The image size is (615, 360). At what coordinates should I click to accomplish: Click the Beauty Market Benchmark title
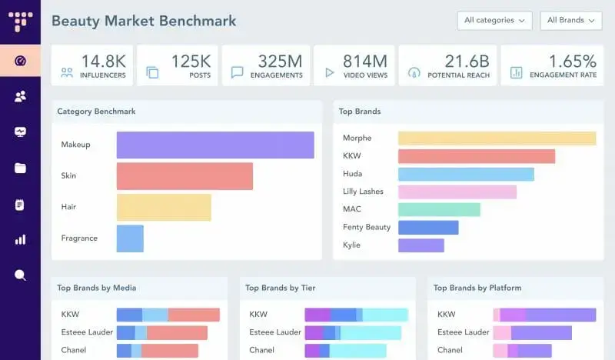(x=144, y=21)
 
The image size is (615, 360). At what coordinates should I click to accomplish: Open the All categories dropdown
(x=494, y=21)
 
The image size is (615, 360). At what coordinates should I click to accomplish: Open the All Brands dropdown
(x=570, y=21)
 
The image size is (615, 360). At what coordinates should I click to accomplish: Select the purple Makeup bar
(x=215, y=145)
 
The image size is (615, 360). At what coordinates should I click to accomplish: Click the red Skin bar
(x=184, y=176)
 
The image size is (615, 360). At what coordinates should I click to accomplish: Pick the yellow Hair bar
(x=164, y=207)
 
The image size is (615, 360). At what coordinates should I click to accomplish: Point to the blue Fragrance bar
(x=130, y=238)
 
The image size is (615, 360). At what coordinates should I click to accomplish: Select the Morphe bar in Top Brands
(x=497, y=138)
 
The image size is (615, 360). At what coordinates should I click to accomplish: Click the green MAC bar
(x=439, y=209)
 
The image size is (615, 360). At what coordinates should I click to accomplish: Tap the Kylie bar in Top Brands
(x=421, y=245)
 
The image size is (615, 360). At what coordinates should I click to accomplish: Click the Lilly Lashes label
(x=363, y=192)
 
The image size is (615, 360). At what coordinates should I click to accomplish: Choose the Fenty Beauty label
(x=367, y=227)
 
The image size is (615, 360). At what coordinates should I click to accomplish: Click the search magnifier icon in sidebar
(x=20, y=275)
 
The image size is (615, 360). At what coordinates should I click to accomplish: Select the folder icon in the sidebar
(x=20, y=168)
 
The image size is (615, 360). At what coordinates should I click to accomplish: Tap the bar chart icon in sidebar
(x=20, y=239)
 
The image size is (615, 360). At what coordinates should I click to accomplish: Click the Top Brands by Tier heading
(x=281, y=288)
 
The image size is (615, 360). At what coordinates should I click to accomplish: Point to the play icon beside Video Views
(x=330, y=72)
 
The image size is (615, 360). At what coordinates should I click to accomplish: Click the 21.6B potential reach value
(x=462, y=60)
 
